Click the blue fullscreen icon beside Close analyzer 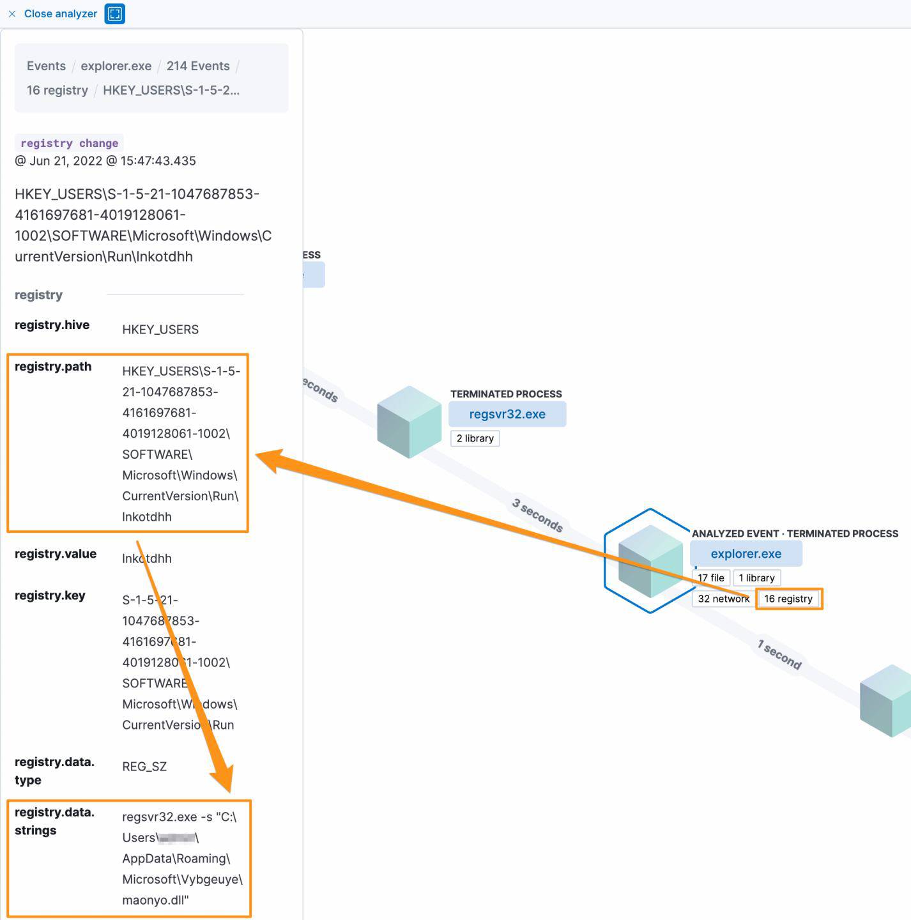coord(115,13)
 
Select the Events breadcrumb coord(46,66)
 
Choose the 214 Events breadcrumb coord(198,66)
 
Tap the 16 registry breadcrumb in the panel coord(57,90)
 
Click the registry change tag coord(69,143)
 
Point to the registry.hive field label coord(52,325)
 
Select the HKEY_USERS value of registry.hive coord(160,330)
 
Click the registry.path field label coord(53,366)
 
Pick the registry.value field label coord(56,553)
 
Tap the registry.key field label coord(50,595)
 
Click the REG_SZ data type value coord(144,767)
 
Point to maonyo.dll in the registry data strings coord(155,900)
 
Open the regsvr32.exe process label coord(507,414)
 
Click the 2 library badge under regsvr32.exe coord(475,438)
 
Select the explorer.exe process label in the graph coord(746,554)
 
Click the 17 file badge coord(710,578)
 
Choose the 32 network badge coord(723,599)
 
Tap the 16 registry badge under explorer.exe coord(788,599)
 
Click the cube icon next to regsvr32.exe coord(409,422)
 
